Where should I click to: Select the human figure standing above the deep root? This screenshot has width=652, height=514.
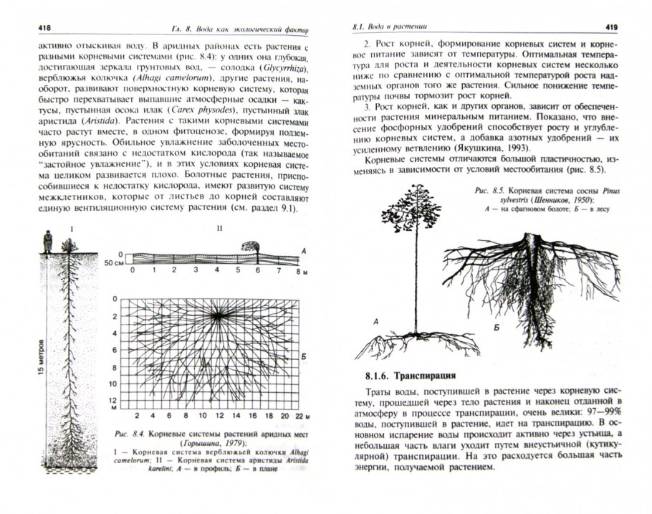pos(47,242)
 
